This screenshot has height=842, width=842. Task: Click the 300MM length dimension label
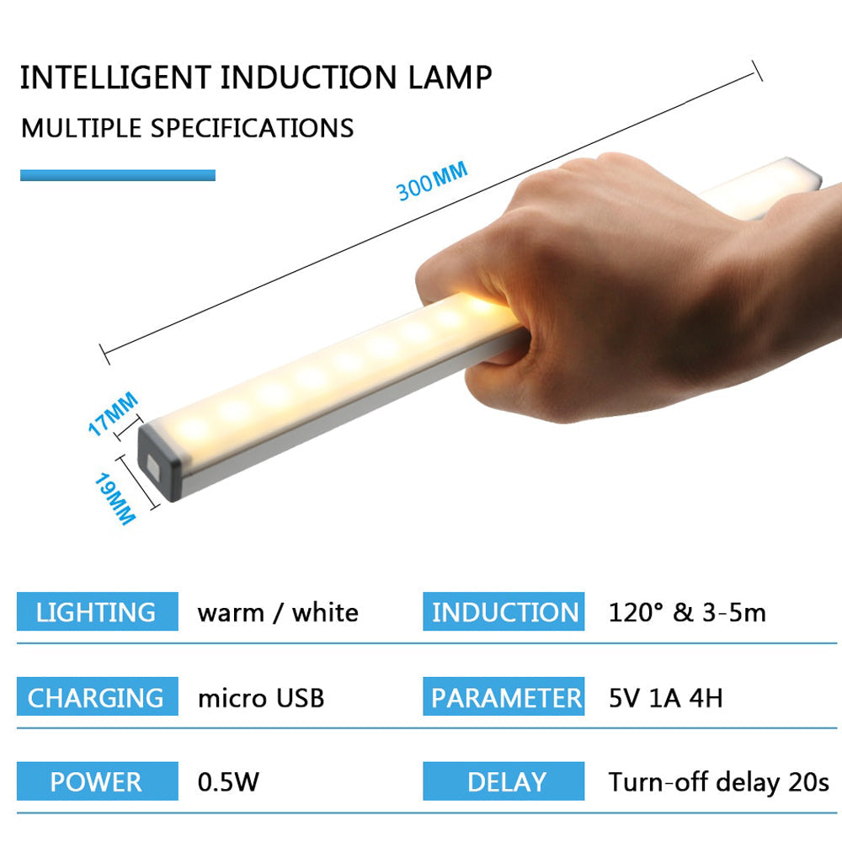tap(432, 181)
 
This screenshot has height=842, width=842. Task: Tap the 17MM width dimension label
tap(113, 413)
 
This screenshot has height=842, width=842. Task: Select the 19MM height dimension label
tap(115, 498)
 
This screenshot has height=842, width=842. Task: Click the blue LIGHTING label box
tap(97, 611)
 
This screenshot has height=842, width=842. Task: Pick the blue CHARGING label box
tap(97, 696)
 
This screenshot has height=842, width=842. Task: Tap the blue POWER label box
tap(97, 781)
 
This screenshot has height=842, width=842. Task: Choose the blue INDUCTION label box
tap(504, 611)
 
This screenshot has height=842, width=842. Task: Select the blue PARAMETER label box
tap(504, 696)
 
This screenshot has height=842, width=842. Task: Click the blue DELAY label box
tap(504, 781)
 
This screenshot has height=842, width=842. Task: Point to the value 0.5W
tap(228, 782)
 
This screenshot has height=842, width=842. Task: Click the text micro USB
tap(261, 698)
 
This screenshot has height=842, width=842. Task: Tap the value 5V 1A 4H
tap(665, 698)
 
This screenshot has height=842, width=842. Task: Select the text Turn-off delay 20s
tap(718, 783)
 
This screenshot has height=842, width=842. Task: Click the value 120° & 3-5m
tap(687, 612)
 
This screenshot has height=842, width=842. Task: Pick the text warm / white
tap(278, 613)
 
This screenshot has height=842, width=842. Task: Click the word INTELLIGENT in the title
tap(115, 77)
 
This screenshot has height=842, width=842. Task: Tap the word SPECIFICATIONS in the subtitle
tap(252, 128)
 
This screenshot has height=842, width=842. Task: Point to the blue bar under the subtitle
tap(118, 175)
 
